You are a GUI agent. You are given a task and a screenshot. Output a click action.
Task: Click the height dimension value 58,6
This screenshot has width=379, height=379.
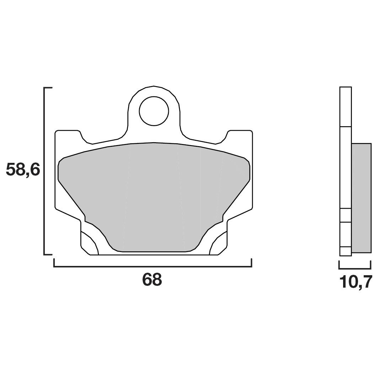tap(23, 170)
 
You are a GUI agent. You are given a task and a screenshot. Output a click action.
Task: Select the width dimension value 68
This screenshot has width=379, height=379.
tap(152, 280)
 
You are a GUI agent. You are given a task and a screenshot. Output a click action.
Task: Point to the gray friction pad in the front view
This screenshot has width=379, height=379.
tap(154, 196)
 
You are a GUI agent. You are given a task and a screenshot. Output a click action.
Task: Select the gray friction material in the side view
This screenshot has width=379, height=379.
tap(361, 198)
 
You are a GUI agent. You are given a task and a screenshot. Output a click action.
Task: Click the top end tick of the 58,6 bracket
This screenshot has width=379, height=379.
tap(48, 87)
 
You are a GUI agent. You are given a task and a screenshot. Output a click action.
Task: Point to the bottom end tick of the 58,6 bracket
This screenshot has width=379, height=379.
tap(48, 255)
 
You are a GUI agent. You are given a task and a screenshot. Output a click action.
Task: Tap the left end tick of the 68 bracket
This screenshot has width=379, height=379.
tap(54, 263)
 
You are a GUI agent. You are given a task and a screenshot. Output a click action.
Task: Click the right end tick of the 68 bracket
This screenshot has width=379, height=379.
tap(252, 263)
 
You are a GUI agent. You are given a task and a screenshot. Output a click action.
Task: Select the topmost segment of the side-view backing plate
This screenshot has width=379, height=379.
tap(346, 107)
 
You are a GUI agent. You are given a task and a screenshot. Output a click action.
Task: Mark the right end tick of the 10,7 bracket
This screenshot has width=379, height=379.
tap(371, 265)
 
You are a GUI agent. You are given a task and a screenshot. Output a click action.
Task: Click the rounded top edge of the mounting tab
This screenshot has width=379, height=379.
tap(154, 86)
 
